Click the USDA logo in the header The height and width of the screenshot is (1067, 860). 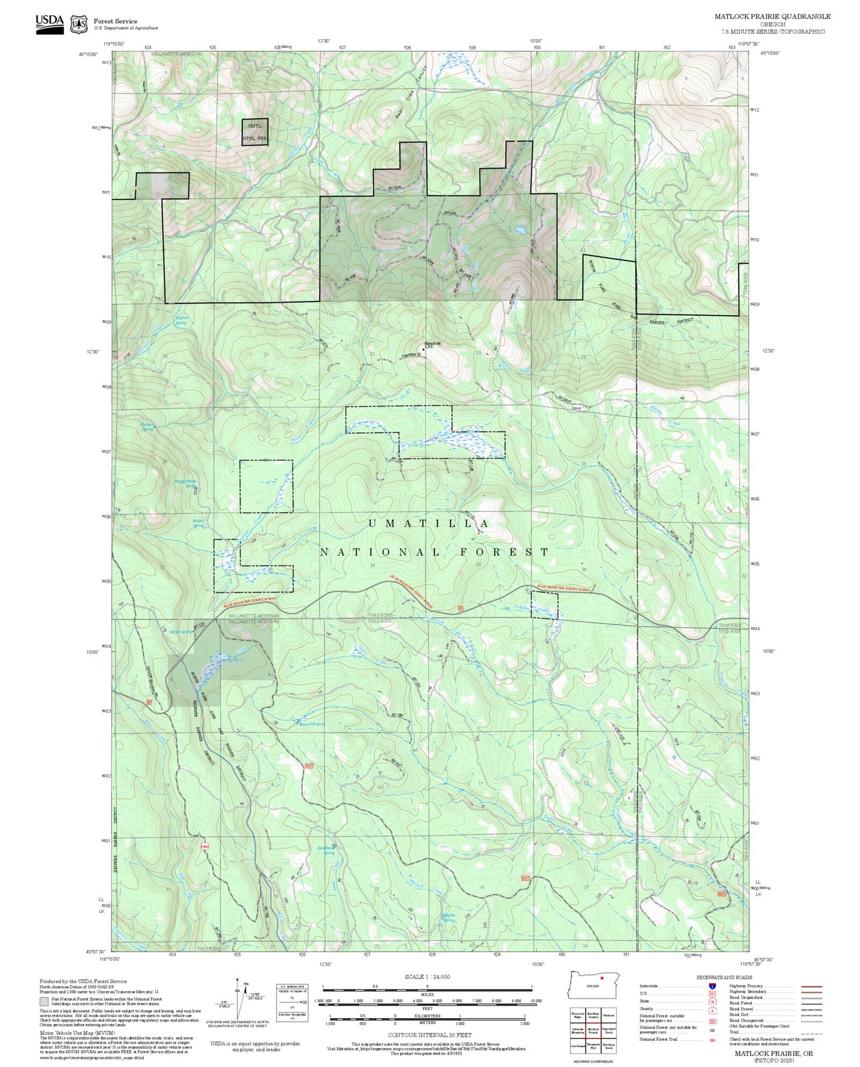tap(49, 24)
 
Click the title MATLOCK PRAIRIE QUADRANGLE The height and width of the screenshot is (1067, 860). tap(772, 17)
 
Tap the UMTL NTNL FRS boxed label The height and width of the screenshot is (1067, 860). tap(255, 132)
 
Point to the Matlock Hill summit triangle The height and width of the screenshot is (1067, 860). tap(424, 349)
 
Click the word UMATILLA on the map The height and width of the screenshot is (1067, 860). tap(429, 523)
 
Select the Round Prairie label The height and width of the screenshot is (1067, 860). tap(311, 724)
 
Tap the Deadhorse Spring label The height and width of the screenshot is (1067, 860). tap(327, 851)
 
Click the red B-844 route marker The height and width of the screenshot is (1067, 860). tap(204, 846)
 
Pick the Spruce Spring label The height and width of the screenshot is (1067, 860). tap(181, 632)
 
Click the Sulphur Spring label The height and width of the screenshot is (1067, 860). tap(181, 321)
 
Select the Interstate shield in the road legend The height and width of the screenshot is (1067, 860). tap(712, 986)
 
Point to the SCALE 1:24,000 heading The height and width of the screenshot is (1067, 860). tap(427, 977)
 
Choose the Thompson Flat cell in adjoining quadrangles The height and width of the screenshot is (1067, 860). tap(593, 1046)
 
